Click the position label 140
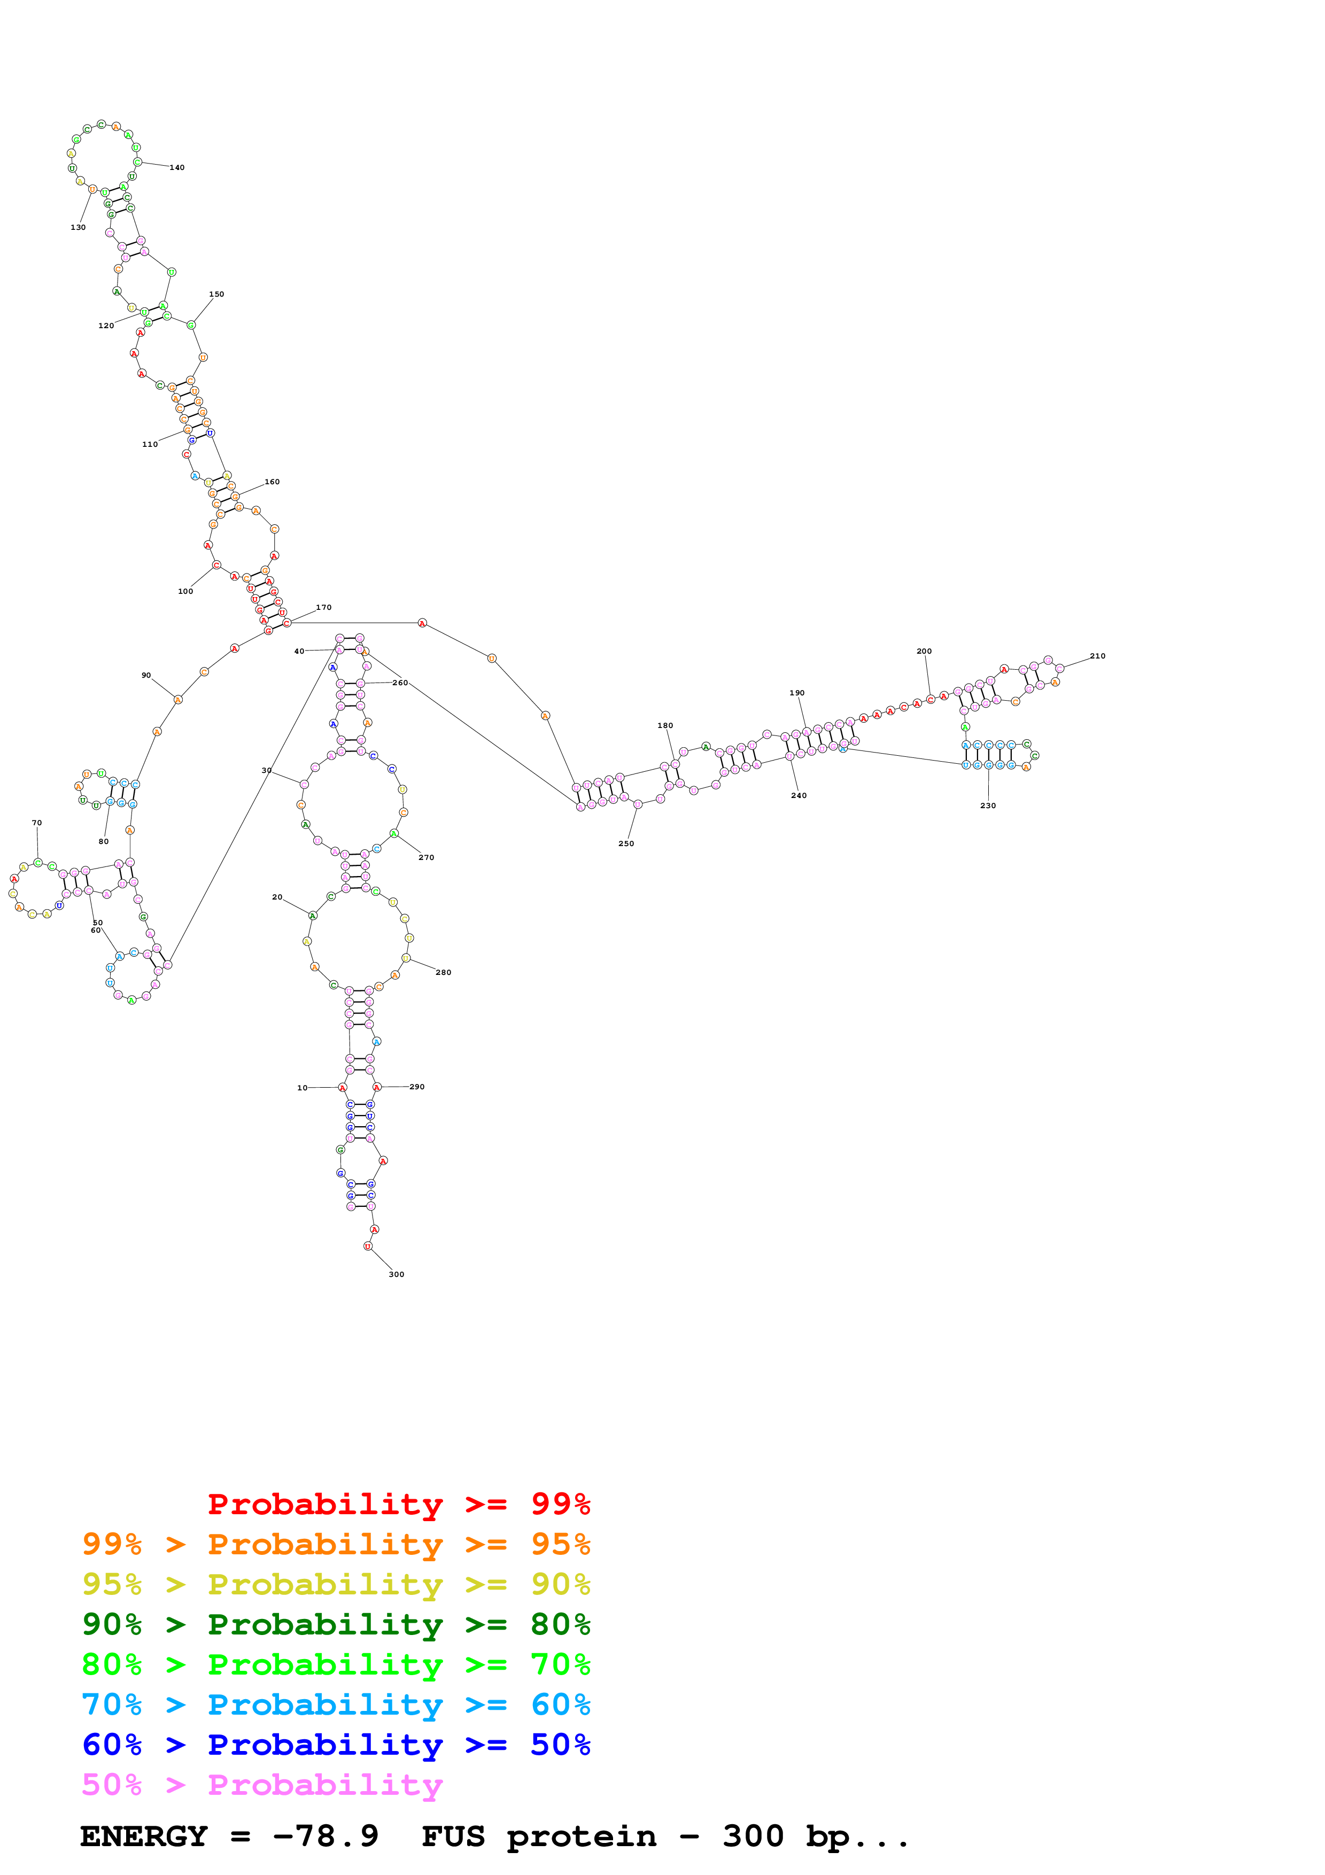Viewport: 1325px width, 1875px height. tap(177, 167)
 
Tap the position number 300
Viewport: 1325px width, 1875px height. tap(396, 1274)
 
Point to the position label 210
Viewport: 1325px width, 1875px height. tap(1097, 656)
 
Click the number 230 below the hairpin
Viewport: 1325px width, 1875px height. tap(988, 805)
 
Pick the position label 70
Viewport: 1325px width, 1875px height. tap(37, 823)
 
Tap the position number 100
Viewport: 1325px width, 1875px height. tap(185, 591)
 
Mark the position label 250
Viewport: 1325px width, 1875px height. tap(626, 843)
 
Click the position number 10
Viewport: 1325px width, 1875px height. tap(302, 1088)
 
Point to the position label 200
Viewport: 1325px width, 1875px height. tap(924, 651)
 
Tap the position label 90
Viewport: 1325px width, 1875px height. tap(146, 676)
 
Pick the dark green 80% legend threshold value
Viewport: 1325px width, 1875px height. tap(560, 1624)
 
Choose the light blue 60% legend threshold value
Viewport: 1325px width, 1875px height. tap(560, 1704)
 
